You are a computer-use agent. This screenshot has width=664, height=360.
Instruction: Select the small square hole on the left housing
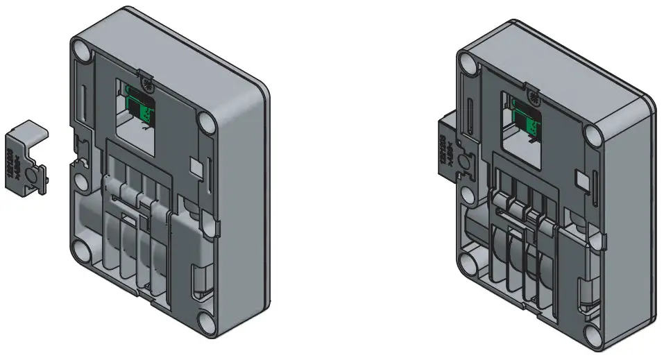tap(194, 166)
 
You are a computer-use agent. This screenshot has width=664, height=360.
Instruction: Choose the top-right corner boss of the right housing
tap(593, 133)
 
